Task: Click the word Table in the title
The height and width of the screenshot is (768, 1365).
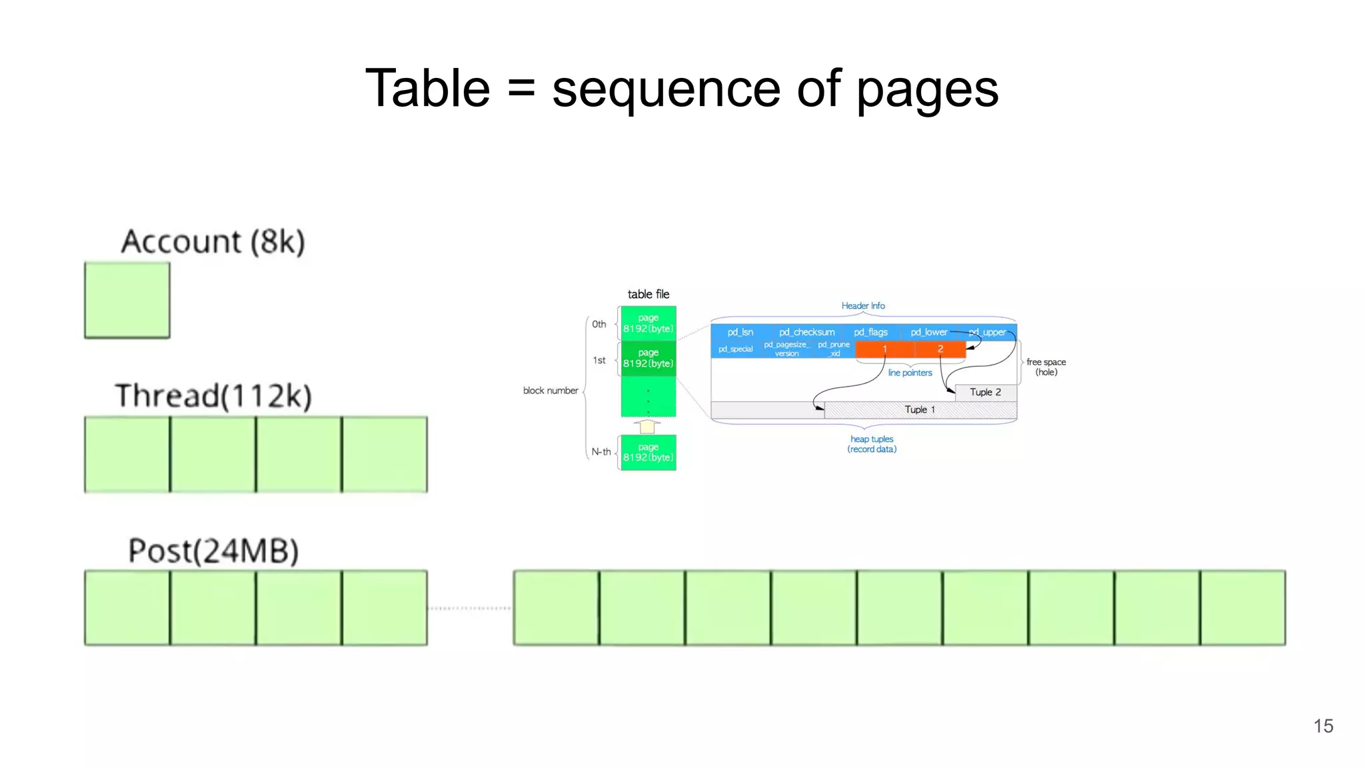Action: tap(427, 88)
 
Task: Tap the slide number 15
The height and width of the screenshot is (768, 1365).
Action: tap(1323, 726)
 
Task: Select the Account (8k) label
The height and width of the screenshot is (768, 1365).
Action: tap(213, 241)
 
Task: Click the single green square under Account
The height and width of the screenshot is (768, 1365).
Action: tap(127, 300)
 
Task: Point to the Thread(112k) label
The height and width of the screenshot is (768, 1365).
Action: tap(213, 395)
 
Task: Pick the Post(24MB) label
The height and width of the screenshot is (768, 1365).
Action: tap(213, 551)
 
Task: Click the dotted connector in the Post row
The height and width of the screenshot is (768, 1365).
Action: tap(470, 608)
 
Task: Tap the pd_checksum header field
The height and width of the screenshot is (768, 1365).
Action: tap(806, 332)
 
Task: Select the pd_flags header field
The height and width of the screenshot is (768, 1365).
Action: tap(870, 332)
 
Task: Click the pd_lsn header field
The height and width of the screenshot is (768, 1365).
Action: tap(740, 332)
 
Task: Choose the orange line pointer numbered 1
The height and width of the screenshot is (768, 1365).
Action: tap(884, 349)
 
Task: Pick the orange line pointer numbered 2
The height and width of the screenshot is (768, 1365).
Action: tap(940, 349)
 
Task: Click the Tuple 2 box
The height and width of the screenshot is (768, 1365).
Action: tap(985, 392)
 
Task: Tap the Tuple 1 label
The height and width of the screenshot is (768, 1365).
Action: tap(920, 409)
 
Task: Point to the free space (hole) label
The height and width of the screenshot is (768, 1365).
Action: tap(1046, 367)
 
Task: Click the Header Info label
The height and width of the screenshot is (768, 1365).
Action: tap(862, 306)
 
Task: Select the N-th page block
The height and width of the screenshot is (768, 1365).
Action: tap(648, 453)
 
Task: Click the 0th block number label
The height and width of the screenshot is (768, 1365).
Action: tap(599, 325)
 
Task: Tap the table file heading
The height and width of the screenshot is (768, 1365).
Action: tap(648, 294)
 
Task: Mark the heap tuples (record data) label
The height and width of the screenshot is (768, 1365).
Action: tap(872, 444)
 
